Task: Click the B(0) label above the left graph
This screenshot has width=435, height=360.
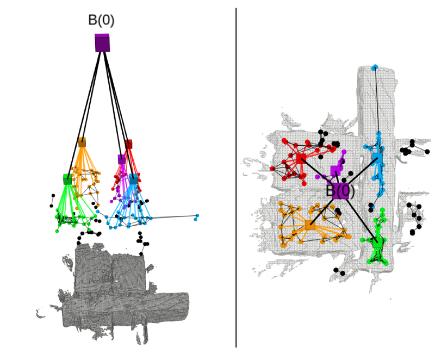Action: [101, 20]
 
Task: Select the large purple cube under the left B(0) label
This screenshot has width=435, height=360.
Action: [102, 43]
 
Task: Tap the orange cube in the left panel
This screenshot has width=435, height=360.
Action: [82, 142]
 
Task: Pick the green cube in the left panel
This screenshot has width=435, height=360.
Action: [67, 179]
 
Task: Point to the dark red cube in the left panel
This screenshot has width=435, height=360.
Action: [128, 144]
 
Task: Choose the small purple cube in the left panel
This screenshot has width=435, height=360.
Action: [122, 159]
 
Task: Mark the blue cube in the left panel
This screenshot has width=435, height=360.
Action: [133, 179]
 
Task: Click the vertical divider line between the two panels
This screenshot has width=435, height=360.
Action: [236, 177]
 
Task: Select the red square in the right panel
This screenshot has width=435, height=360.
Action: [301, 158]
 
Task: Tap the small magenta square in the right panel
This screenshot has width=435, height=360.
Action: [335, 171]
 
